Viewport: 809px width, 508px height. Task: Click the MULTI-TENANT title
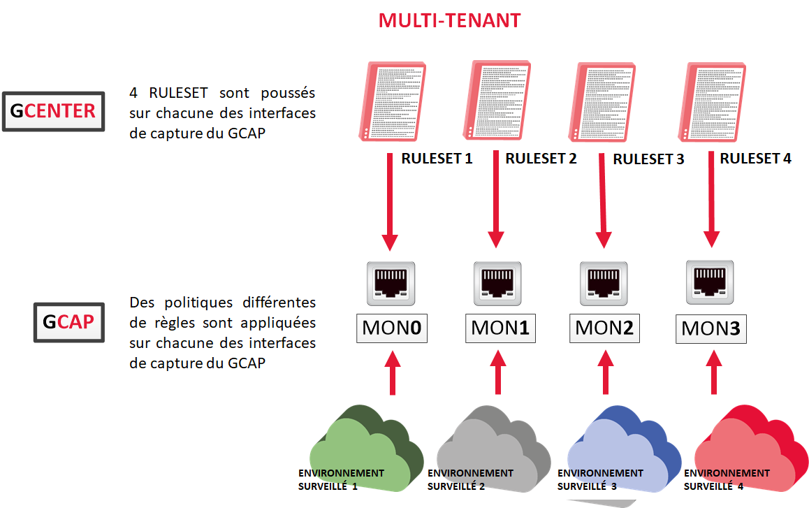pyautogui.click(x=449, y=20)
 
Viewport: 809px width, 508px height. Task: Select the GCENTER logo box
pyautogui.click(x=53, y=112)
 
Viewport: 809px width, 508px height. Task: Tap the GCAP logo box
pyautogui.click(x=68, y=322)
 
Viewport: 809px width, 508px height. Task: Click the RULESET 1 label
pyautogui.click(x=437, y=159)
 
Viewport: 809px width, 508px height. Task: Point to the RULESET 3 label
pyautogui.click(x=648, y=159)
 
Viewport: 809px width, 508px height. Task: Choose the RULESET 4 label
pyautogui.click(x=755, y=159)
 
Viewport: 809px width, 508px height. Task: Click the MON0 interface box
pyautogui.click(x=392, y=327)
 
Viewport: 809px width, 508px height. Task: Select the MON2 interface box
pyautogui.click(x=604, y=327)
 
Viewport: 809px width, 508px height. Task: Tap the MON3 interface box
pyautogui.click(x=710, y=327)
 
